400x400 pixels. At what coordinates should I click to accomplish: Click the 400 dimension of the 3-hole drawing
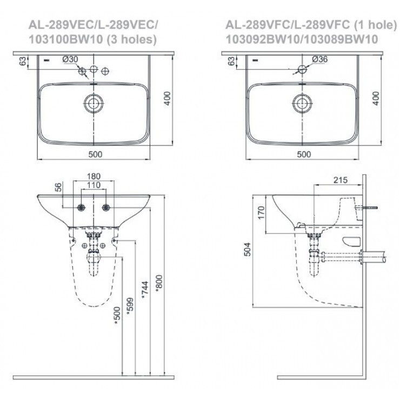tap(168, 97)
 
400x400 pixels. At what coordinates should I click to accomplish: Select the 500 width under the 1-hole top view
tap(304, 154)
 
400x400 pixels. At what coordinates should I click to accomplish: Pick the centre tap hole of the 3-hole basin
tap(94, 70)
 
